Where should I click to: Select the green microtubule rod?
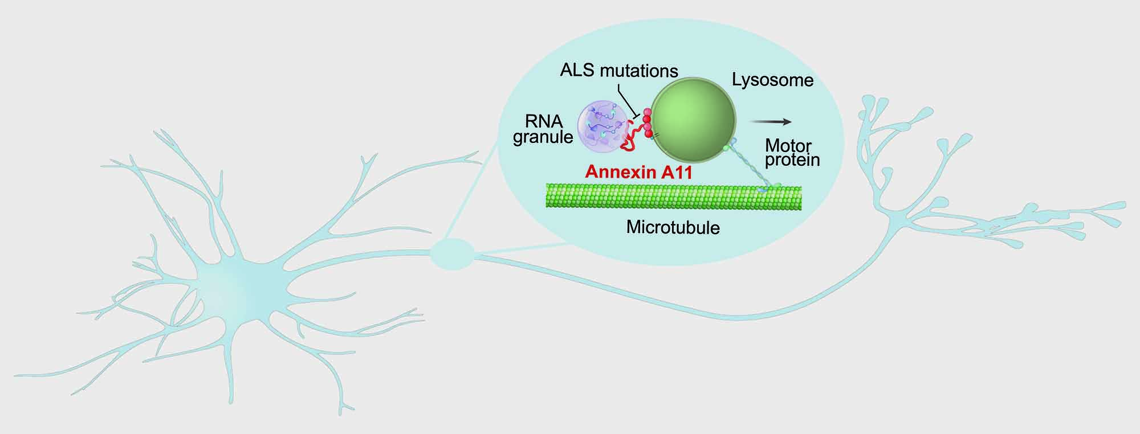tap(674, 196)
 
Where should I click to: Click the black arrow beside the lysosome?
tap(770, 121)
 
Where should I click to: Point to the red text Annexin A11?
tap(639, 172)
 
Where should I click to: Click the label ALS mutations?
tap(619, 71)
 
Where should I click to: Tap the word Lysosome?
tap(772, 80)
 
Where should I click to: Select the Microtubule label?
tap(673, 228)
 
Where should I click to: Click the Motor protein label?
tap(792, 153)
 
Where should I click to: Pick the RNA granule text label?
tap(543, 129)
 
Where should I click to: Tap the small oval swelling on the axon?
tap(452, 254)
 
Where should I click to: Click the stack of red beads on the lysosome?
tap(647, 122)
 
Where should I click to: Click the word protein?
tap(792, 161)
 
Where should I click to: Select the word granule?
tap(543, 137)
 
